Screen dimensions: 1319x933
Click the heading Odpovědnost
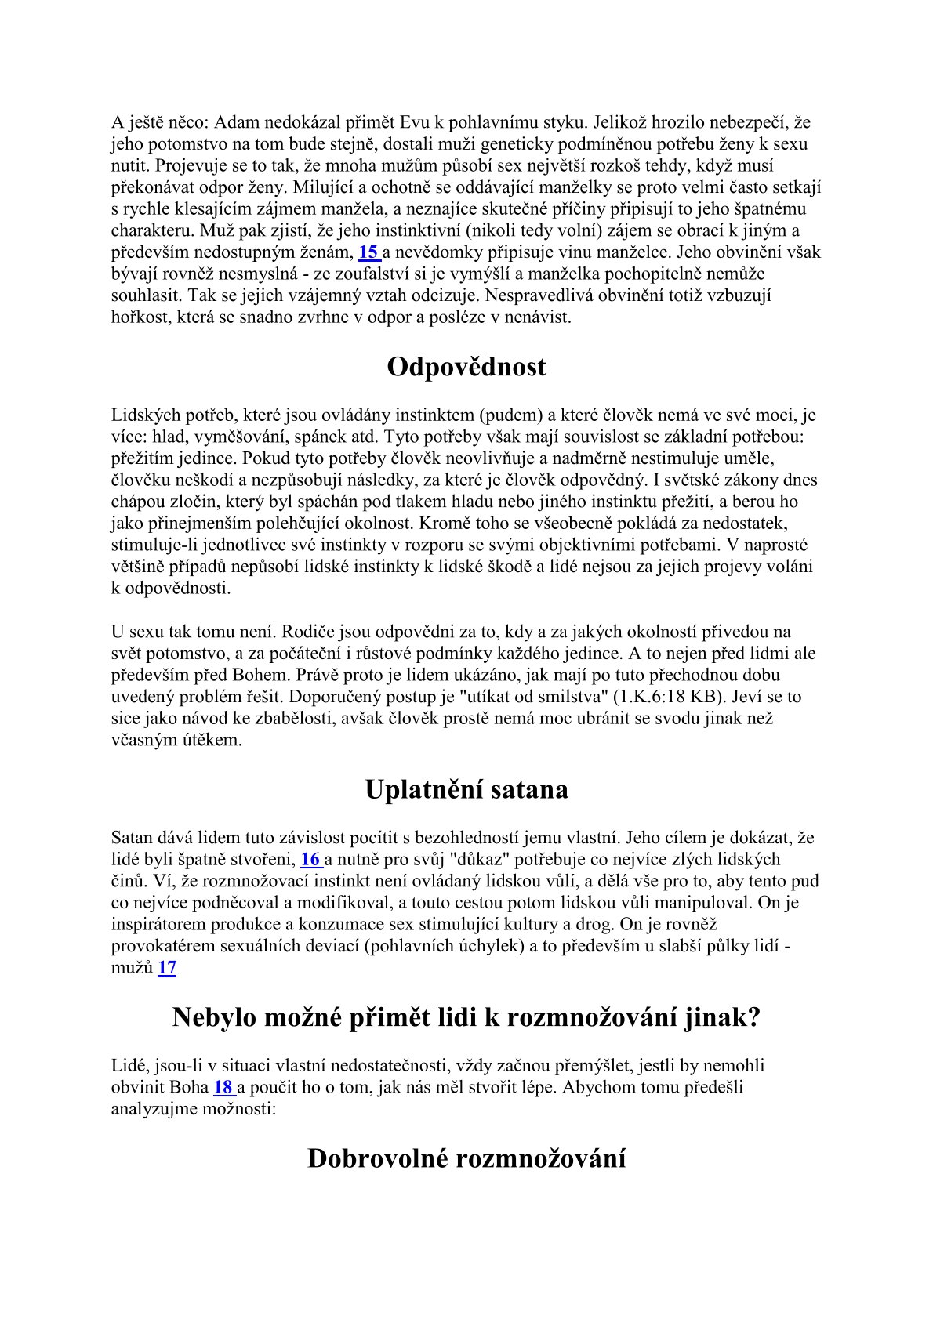click(466, 368)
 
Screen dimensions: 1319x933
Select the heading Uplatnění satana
click(466, 789)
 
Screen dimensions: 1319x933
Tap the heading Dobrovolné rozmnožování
click(466, 1158)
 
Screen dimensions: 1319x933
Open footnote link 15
click(368, 252)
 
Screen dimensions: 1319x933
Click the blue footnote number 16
click(310, 859)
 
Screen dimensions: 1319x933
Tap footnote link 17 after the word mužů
click(167, 968)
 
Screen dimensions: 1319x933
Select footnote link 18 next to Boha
click(223, 1088)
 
